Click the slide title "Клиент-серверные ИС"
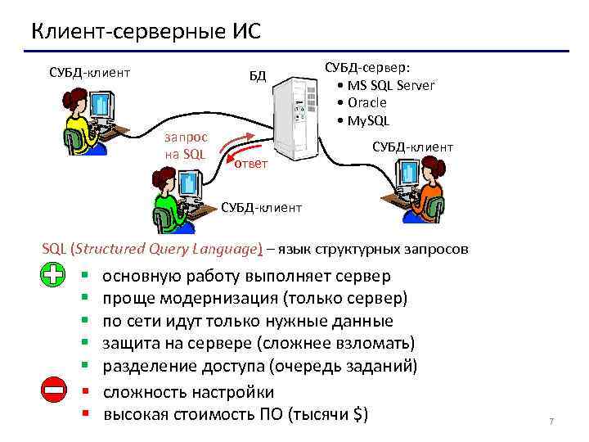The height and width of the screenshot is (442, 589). tap(146, 32)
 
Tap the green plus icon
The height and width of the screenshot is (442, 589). tap(53, 277)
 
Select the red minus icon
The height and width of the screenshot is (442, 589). tap(53, 392)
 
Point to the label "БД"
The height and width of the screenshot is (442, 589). tap(258, 76)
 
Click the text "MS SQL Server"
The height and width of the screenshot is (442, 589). tap(391, 85)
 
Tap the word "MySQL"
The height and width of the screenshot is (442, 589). tap(369, 121)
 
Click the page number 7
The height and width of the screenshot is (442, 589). tap(551, 422)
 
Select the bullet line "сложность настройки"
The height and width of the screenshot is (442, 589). tap(188, 392)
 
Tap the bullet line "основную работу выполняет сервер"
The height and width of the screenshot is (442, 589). tap(246, 276)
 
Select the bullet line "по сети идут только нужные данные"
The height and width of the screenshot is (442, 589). tap(248, 321)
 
